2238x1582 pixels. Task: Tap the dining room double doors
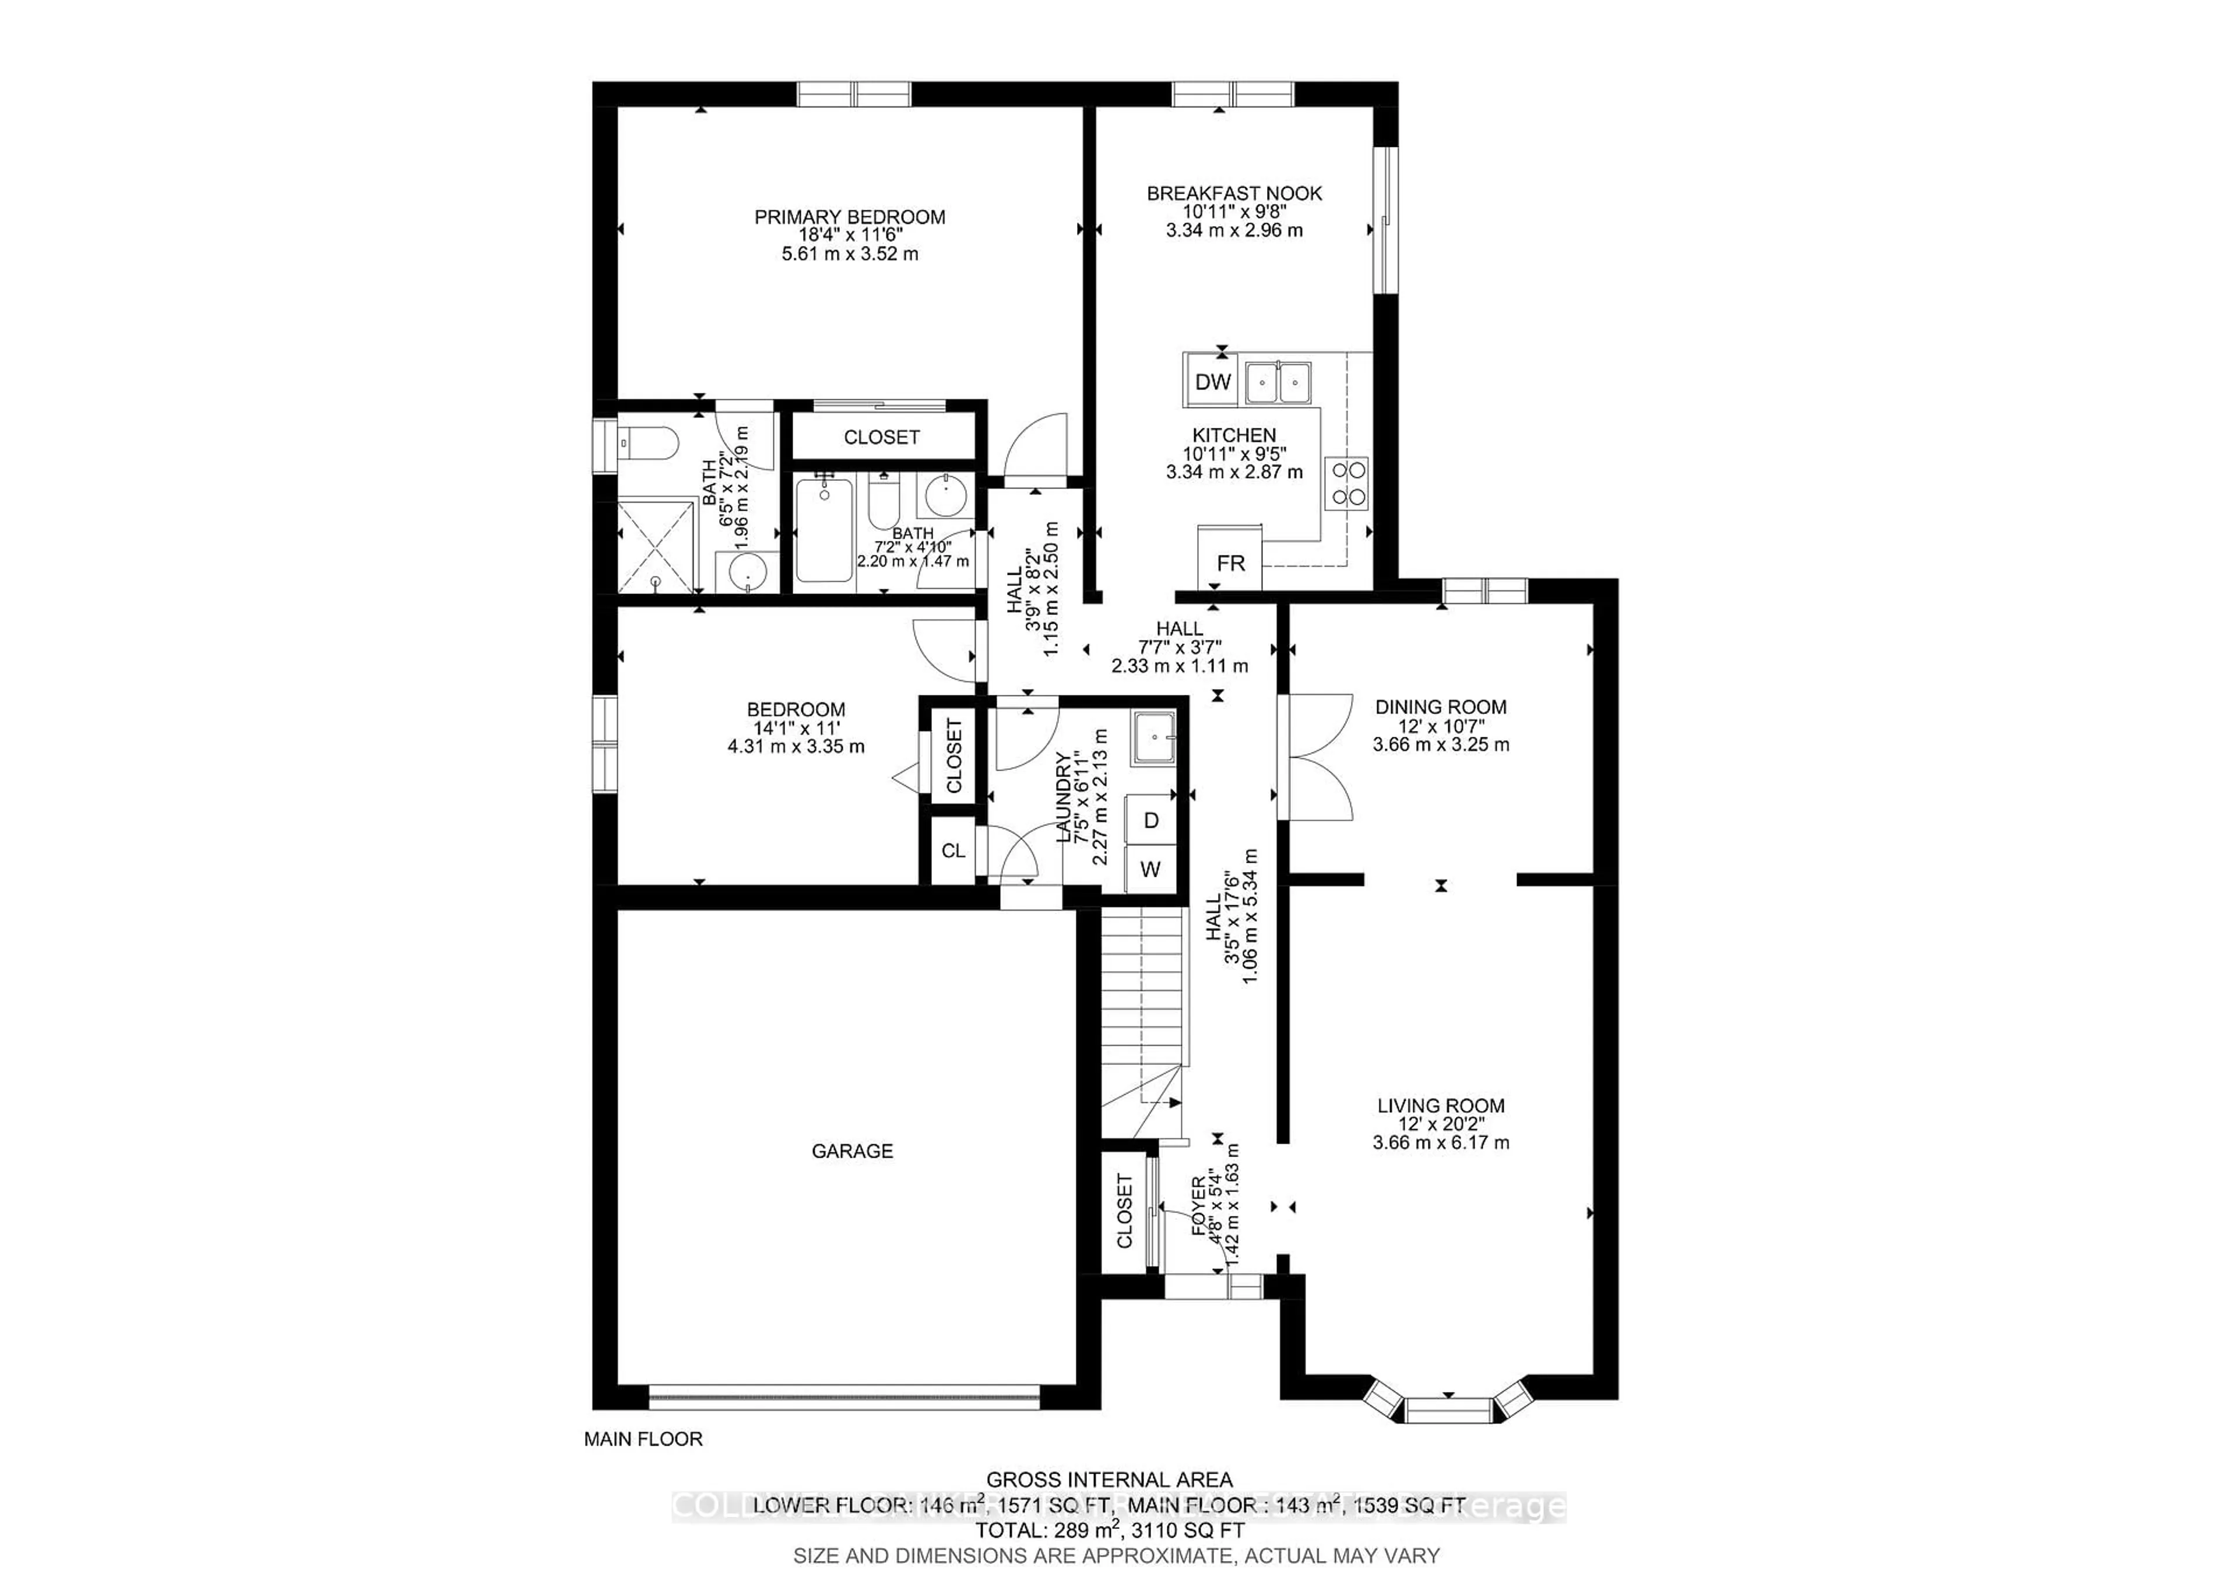(1316, 755)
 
